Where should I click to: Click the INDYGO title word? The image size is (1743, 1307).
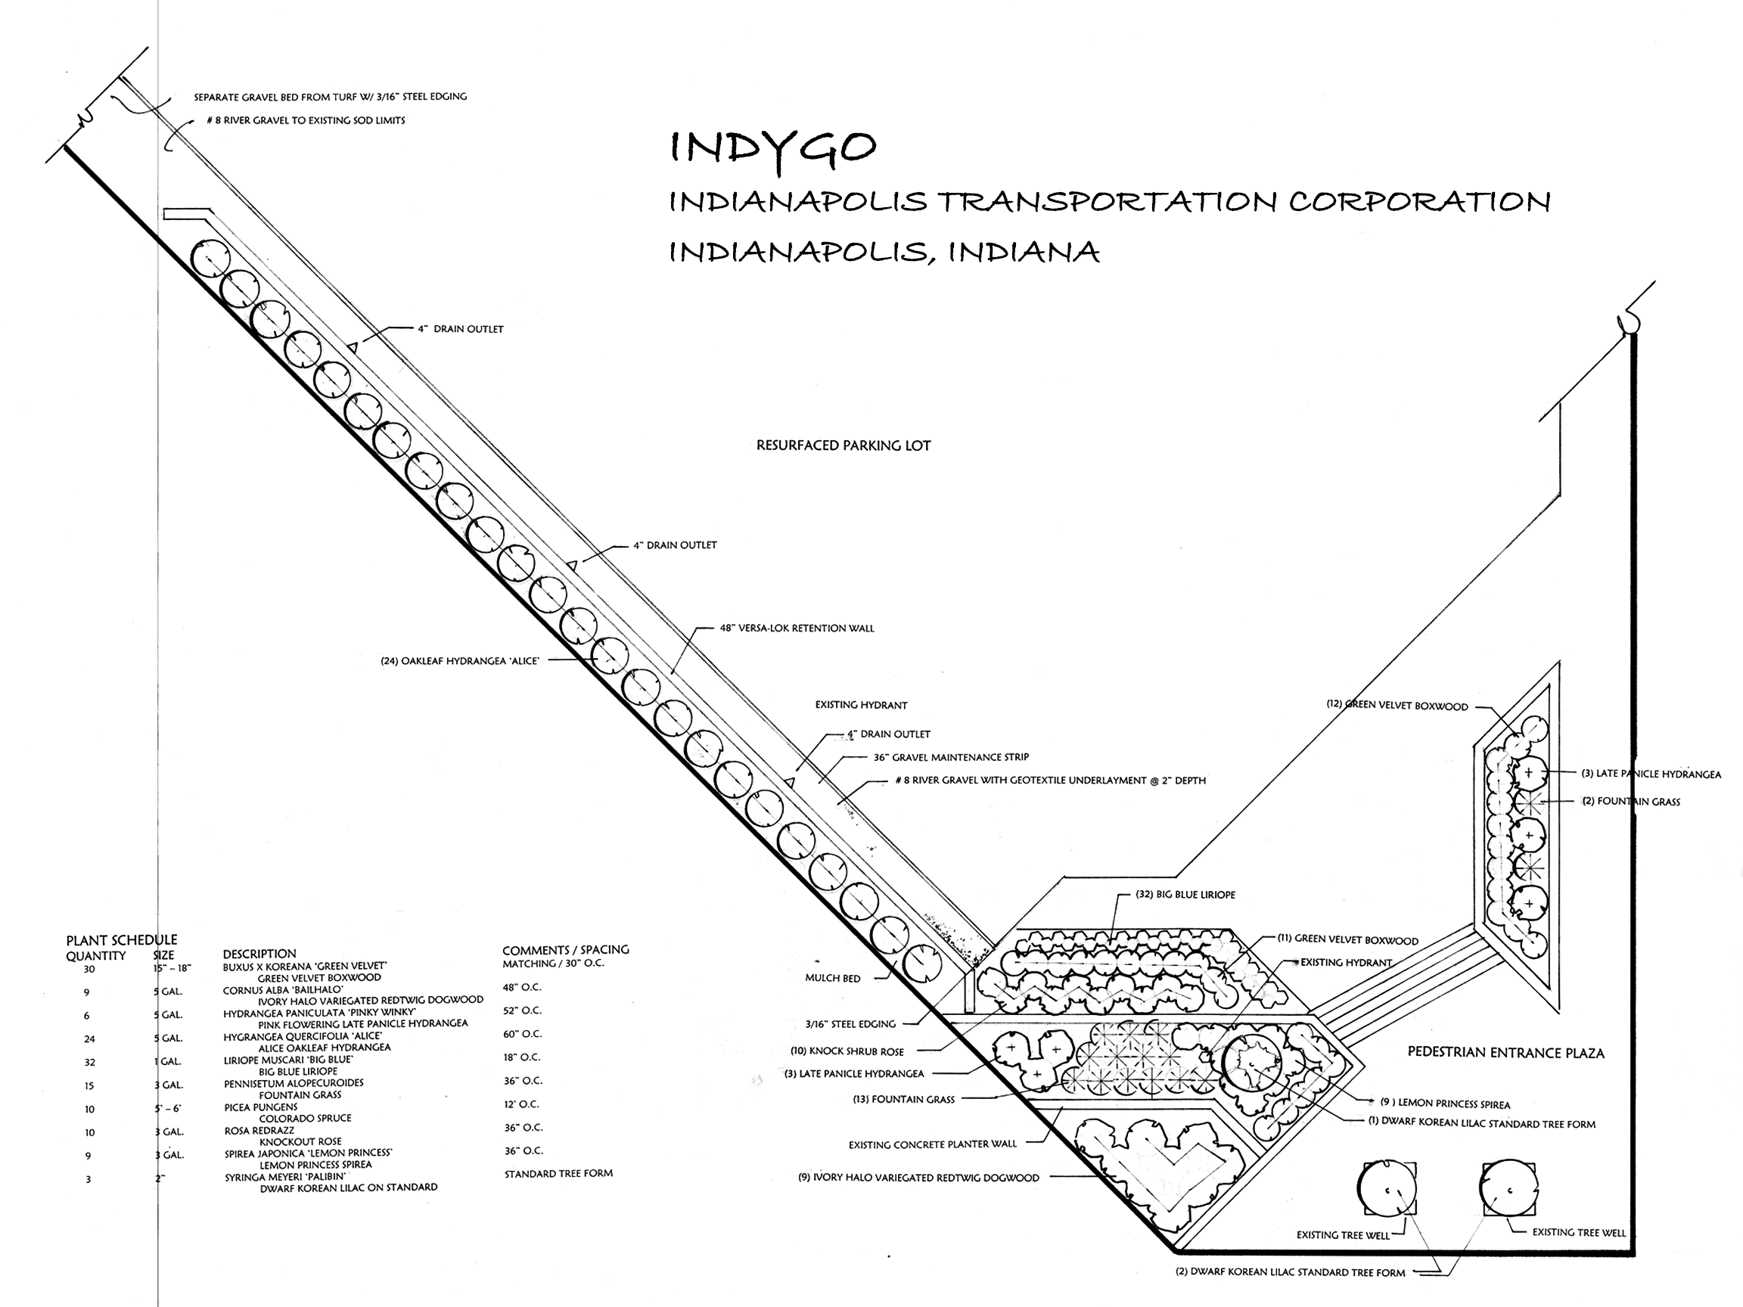(772, 148)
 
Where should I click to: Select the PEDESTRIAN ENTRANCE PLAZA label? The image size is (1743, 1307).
(1505, 1053)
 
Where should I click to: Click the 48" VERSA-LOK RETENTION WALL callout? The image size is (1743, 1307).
(797, 629)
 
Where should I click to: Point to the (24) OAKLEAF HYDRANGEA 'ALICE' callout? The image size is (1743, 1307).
(460, 661)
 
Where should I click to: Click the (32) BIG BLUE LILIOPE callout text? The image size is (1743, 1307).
(1185, 895)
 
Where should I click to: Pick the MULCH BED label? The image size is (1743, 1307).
(832, 979)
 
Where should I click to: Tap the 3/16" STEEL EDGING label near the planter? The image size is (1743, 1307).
(850, 1024)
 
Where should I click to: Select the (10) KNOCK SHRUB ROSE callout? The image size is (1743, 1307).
(847, 1051)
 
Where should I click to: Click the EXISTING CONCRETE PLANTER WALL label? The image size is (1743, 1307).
(932, 1144)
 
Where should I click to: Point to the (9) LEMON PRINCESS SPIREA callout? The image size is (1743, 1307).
(1445, 1104)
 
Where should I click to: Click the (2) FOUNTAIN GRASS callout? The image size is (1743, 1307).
(1631, 802)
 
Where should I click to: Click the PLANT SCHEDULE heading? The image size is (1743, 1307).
(121, 940)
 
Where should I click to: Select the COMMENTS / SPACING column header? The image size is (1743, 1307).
(566, 950)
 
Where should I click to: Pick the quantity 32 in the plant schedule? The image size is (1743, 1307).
(90, 1063)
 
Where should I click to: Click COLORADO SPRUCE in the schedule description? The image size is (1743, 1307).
(305, 1118)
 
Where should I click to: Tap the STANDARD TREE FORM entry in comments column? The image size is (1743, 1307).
(558, 1173)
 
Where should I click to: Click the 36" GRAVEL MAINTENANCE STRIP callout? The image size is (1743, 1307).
(951, 757)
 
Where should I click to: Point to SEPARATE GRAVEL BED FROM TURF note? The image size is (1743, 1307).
(330, 97)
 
